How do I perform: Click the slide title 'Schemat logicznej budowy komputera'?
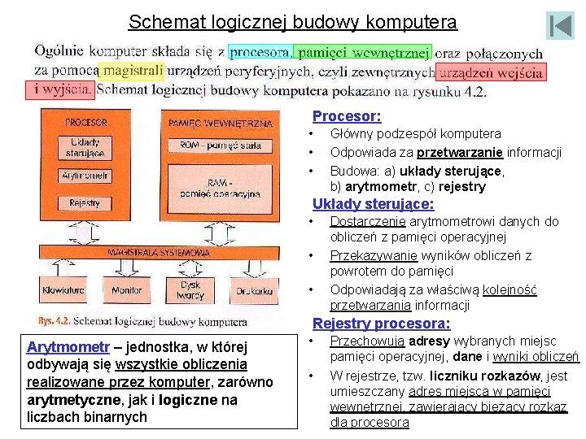(293, 22)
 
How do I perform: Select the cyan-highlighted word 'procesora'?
(259, 53)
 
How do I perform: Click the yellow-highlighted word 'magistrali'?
(131, 71)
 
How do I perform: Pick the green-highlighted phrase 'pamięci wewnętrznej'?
(363, 53)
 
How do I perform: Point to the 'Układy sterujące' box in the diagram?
(85, 147)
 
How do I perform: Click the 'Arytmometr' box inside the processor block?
(85, 176)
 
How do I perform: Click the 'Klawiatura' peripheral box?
(63, 290)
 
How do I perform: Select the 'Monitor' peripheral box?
(126, 290)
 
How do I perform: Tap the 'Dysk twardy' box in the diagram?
(190, 290)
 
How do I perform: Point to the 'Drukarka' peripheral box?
(255, 290)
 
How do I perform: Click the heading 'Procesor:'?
(347, 116)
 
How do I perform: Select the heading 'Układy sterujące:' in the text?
(373, 204)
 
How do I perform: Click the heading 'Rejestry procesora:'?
(381, 324)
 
